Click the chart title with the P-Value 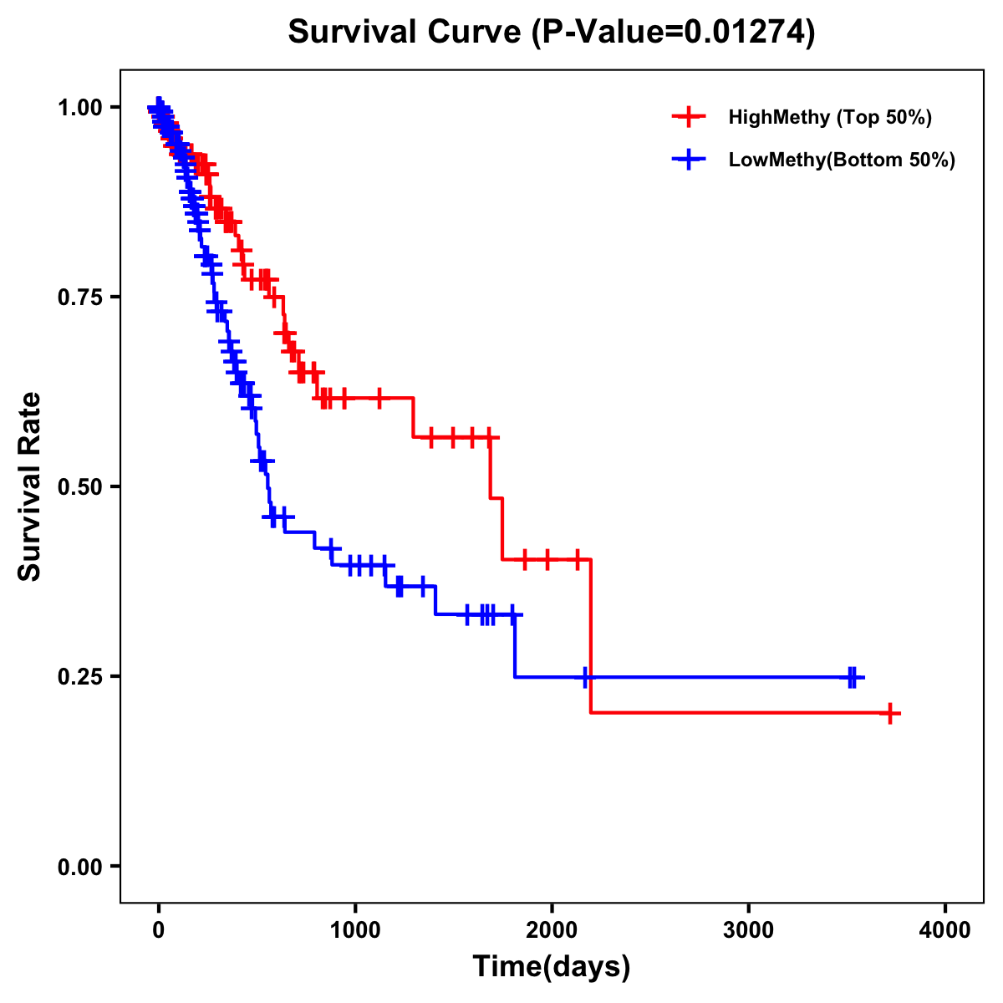[552, 32]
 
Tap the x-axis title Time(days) [552, 967]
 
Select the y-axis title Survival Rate [30, 486]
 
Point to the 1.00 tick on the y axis [79, 108]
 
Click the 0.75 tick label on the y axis [79, 298]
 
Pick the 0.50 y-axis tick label [79, 487]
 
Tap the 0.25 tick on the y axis [79, 676]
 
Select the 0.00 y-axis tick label [79, 867]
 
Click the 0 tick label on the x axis [158, 930]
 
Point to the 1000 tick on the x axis [355, 930]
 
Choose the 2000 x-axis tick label [552, 930]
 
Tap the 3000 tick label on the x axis [749, 930]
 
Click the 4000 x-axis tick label [945, 930]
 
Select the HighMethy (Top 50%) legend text [830, 117]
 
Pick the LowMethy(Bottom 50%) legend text [842, 160]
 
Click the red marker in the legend [689, 117]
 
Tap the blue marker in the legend [689, 160]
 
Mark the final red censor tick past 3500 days [891, 714]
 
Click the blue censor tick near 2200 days [587, 677]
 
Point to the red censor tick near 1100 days [379, 398]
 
